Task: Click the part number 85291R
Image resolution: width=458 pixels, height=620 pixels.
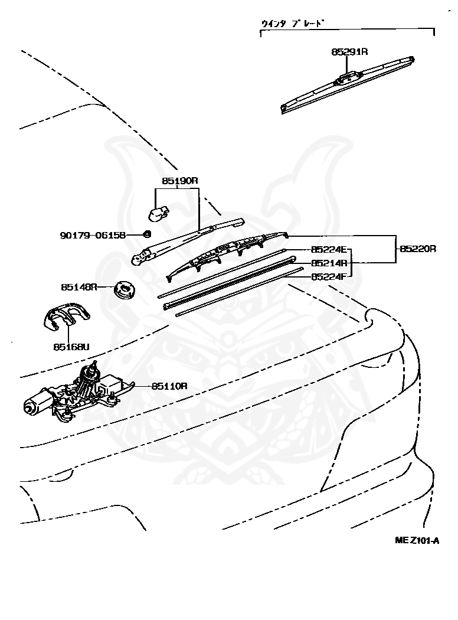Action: [x=349, y=52]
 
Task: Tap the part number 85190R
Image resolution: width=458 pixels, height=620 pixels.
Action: [x=179, y=181]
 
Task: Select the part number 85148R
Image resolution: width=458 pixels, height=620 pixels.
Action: [x=78, y=287]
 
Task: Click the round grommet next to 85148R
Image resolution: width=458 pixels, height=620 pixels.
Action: [x=125, y=289]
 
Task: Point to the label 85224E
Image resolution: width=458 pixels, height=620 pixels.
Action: [x=329, y=250]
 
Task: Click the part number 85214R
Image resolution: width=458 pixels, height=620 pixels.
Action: [x=329, y=263]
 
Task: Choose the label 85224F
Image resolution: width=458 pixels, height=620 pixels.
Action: [x=329, y=276]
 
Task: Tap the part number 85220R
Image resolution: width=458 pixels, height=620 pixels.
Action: [x=418, y=249]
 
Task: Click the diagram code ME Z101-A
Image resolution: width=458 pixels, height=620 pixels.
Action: [x=417, y=540]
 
